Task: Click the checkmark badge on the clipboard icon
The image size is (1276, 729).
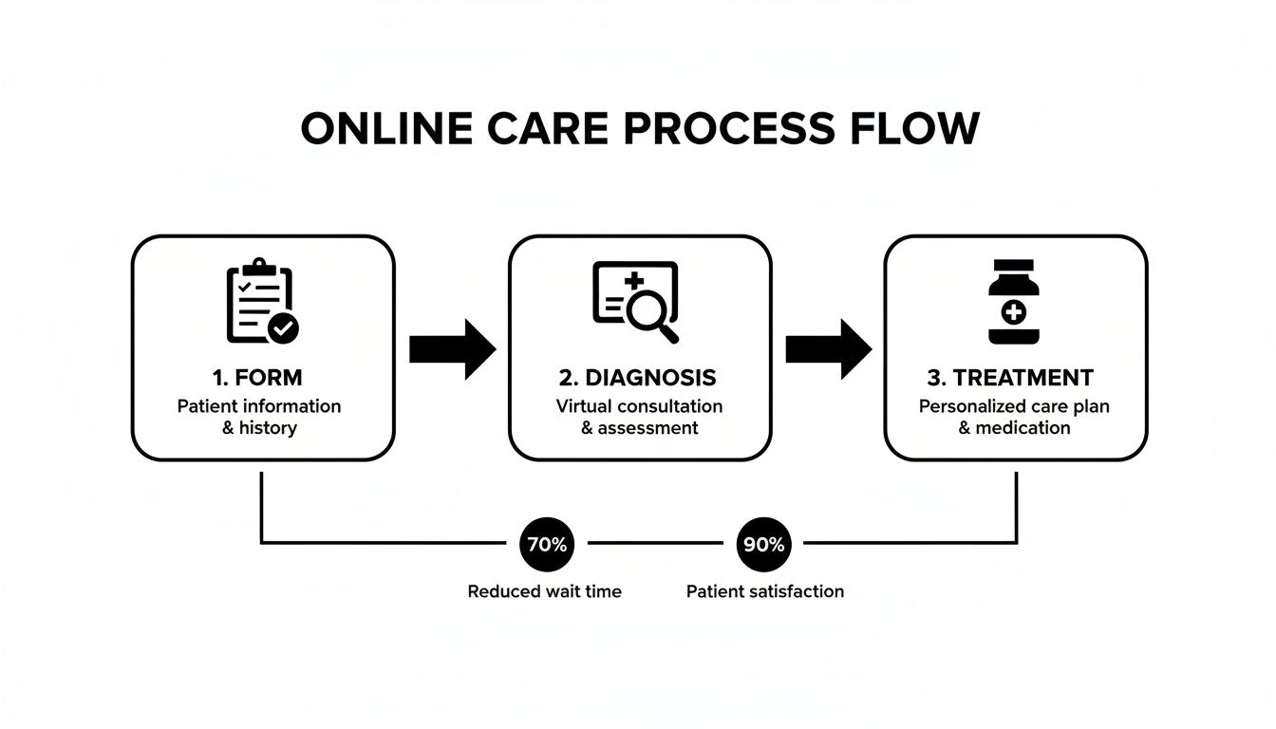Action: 283,328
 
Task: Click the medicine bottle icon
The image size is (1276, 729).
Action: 1014,302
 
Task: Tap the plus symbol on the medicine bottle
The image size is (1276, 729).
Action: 1014,311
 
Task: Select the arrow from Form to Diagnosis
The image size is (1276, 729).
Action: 452,349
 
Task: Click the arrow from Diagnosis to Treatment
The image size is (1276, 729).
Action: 828,349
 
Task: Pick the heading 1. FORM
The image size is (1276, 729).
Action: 258,378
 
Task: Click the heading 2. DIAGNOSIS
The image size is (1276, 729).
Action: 638,378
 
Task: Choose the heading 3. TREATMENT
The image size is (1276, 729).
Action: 1010,378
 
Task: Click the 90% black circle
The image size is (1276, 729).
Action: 763,545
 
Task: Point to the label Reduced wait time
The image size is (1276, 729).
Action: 544,591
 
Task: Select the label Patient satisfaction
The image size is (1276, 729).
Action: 764,591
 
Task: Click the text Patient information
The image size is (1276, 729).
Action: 259,406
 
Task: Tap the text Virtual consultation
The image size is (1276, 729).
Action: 639,406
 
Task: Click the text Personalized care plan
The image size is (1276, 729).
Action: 1014,406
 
